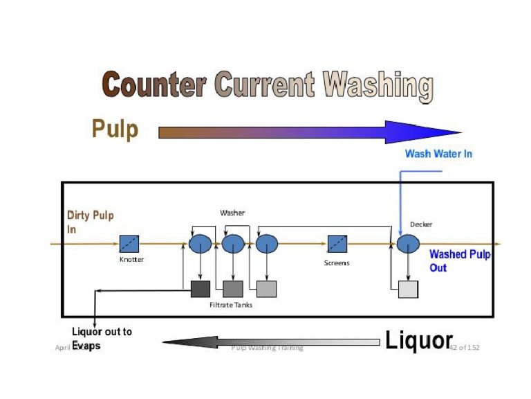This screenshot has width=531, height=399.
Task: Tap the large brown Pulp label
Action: [x=115, y=130]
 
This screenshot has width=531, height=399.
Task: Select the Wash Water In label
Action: [x=438, y=154]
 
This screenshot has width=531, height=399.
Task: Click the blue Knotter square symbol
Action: [x=129, y=244]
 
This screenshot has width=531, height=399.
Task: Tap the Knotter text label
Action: [x=131, y=260]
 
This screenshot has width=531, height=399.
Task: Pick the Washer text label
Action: [x=232, y=213]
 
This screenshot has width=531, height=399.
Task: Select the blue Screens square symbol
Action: [x=337, y=244]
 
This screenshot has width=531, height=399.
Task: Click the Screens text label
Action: [x=337, y=263]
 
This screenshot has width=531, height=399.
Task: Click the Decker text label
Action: [x=421, y=224]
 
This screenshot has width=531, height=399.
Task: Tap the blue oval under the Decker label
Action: [x=408, y=244]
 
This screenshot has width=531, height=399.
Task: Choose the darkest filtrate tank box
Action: [x=200, y=289]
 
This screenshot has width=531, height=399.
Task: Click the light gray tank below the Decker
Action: [x=408, y=289]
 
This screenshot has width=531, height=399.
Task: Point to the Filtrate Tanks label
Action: [x=231, y=305]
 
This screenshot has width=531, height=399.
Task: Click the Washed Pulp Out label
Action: [x=459, y=260]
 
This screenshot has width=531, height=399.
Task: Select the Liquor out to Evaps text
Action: [x=102, y=338]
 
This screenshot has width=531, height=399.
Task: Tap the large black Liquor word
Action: [x=418, y=340]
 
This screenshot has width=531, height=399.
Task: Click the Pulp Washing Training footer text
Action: [x=267, y=348]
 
